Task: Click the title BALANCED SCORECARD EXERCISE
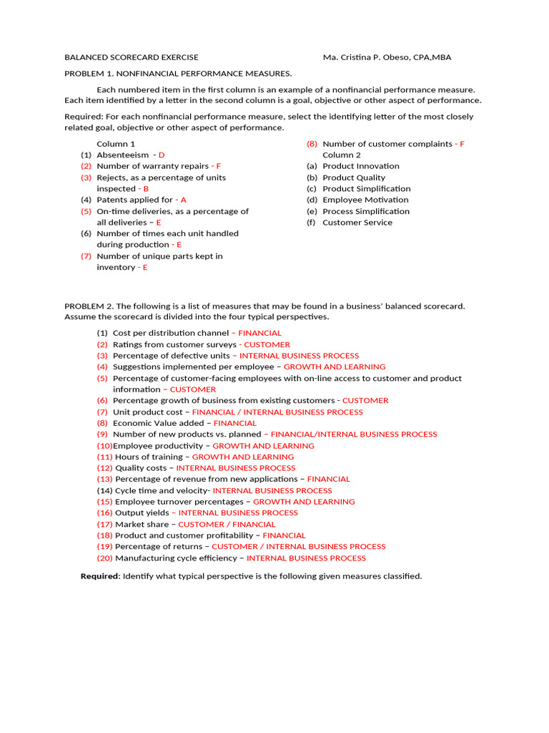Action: (x=132, y=57)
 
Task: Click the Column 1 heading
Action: (x=116, y=144)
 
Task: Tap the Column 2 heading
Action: (x=342, y=155)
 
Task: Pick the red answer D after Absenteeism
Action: (x=162, y=155)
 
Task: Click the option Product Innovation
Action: (x=361, y=166)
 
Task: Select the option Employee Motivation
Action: (x=365, y=200)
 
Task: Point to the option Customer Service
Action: (x=357, y=223)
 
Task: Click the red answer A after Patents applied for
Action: (x=184, y=200)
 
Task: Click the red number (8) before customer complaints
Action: (x=312, y=144)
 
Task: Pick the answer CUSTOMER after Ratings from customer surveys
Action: (x=267, y=344)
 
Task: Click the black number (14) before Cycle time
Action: (x=104, y=490)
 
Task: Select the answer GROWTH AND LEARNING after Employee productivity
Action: (x=263, y=445)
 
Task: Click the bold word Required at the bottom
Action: (x=99, y=576)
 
